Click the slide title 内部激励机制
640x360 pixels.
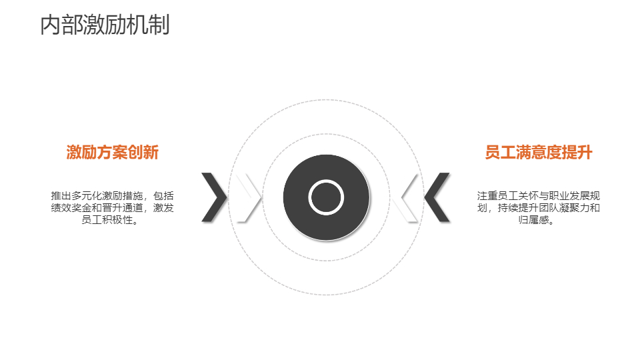(x=105, y=25)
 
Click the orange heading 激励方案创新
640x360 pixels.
(x=112, y=152)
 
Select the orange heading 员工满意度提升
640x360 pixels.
(x=539, y=152)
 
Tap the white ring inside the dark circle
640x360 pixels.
(x=326, y=197)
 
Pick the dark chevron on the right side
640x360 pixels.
(x=437, y=197)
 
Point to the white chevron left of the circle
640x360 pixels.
(x=249, y=197)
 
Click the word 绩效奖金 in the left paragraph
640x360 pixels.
(x=71, y=208)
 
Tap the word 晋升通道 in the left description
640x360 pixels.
(x=123, y=208)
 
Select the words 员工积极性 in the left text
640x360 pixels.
(x=107, y=220)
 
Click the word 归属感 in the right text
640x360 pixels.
(x=533, y=220)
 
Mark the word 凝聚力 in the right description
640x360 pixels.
(x=574, y=208)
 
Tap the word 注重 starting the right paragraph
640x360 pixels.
(x=487, y=196)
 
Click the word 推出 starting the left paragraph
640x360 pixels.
(x=61, y=196)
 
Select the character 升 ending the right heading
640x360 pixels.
(x=585, y=152)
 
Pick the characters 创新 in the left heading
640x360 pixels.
(x=143, y=152)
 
